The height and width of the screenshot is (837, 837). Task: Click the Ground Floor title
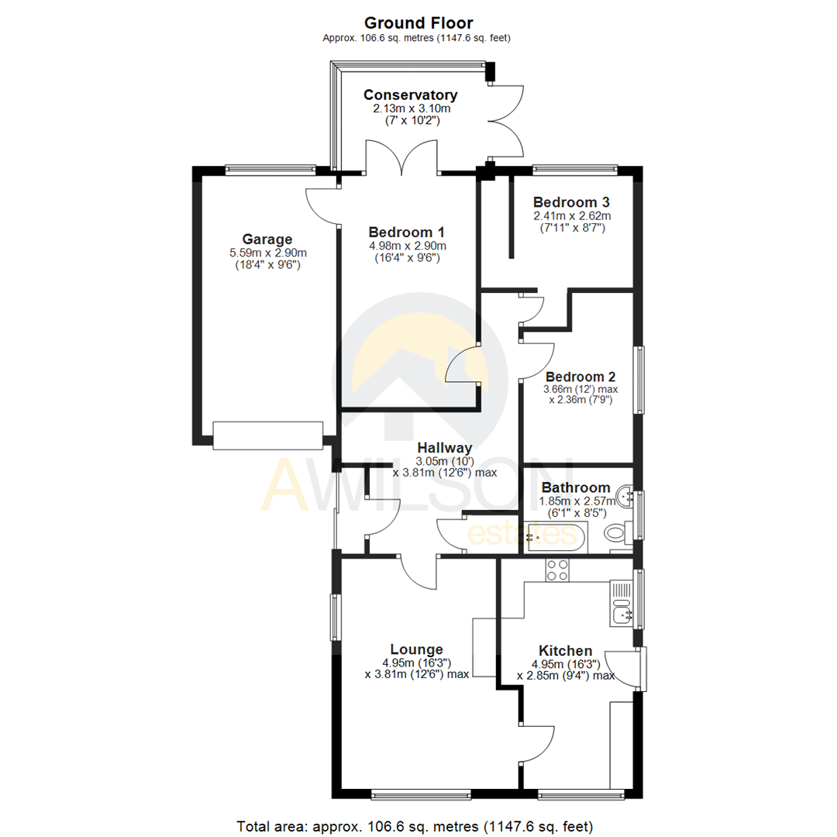pyautogui.click(x=418, y=23)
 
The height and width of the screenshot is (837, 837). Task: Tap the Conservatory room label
pyautogui.click(x=411, y=95)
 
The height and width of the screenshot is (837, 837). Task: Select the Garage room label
pyautogui.click(x=266, y=239)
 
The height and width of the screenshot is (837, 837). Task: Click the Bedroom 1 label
pyautogui.click(x=407, y=232)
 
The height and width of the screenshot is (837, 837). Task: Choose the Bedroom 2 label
pyautogui.click(x=580, y=376)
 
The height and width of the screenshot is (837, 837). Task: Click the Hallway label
pyautogui.click(x=444, y=447)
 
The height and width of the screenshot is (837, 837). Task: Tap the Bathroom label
pyautogui.click(x=575, y=487)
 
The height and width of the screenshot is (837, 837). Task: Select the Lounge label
pyautogui.click(x=417, y=649)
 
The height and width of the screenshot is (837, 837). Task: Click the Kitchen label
pyautogui.click(x=566, y=651)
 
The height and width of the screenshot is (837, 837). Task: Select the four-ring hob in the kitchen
pyautogui.click(x=557, y=570)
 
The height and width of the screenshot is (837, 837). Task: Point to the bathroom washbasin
pyautogui.click(x=625, y=493)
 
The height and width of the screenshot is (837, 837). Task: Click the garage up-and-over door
pyautogui.click(x=267, y=435)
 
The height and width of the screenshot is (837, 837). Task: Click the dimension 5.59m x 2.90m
pyautogui.click(x=266, y=253)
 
